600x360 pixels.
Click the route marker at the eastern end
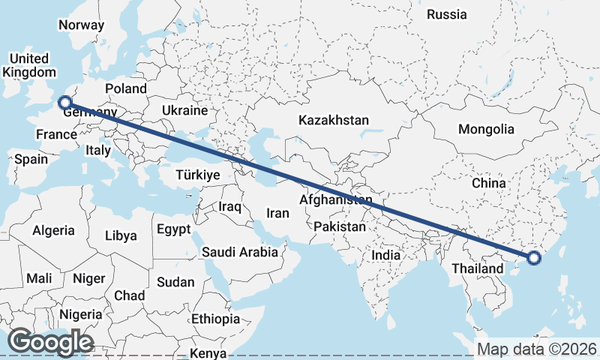point(534,258)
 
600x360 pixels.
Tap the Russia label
point(446,14)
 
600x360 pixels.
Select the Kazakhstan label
point(334,120)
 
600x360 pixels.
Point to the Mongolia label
point(486,129)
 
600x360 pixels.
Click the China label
point(488,182)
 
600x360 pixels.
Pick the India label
point(386,255)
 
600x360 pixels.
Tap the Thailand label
point(478,268)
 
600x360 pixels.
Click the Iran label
point(277,213)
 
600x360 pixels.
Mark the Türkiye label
point(197,174)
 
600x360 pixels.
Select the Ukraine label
point(184,110)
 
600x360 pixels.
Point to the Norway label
point(81,24)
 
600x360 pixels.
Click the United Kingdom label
point(29,65)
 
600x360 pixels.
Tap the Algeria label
point(53,230)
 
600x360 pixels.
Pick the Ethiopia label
point(215,319)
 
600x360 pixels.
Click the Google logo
point(50,342)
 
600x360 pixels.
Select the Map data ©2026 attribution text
point(537,349)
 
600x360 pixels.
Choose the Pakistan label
point(340,226)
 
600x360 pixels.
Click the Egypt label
point(173,229)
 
